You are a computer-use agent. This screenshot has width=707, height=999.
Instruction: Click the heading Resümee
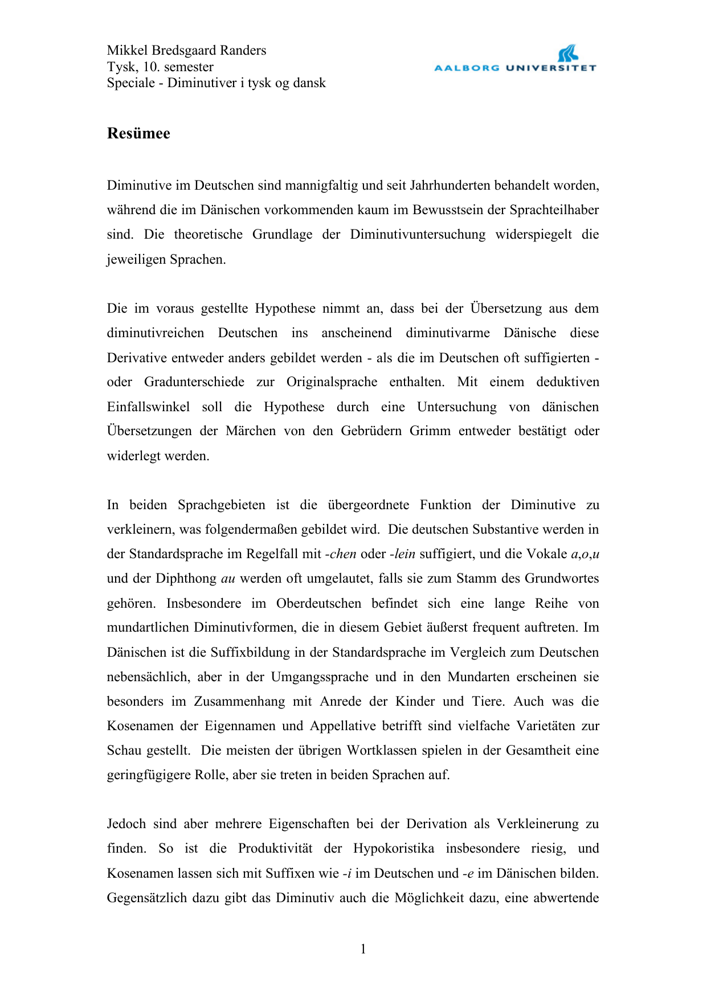tap(138, 133)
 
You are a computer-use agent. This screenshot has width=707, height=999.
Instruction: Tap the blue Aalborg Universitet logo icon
tap(568, 54)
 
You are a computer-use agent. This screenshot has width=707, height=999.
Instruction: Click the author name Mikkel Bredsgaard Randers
tap(186, 50)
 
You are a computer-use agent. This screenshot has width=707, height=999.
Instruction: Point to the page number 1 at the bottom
tap(363, 949)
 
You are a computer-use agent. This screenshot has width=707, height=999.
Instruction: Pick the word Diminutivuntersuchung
tap(418, 235)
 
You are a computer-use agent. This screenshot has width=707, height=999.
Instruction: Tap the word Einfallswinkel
tap(148, 407)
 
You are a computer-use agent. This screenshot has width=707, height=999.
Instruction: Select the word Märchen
tap(251, 431)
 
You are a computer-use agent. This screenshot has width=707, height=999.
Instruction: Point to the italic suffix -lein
tap(402, 554)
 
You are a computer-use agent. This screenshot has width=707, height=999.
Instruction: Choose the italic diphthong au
tap(228, 579)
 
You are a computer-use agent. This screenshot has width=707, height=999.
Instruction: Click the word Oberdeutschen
tap(318, 603)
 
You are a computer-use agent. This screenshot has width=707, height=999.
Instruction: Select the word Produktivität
tap(275, 849)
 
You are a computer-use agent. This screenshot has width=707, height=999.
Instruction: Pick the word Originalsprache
tap(332, 382)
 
